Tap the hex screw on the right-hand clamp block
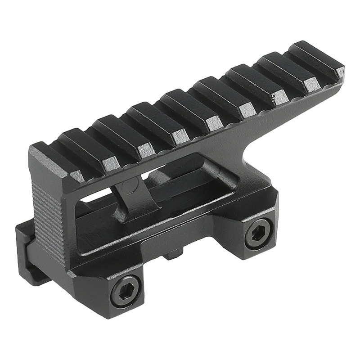[259, 234]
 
